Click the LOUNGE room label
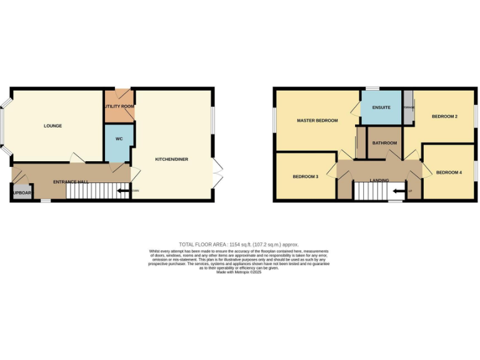[52, 126]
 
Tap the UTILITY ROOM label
[119, 106]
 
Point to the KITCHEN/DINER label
[171, 159]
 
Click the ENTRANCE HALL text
[70, 182]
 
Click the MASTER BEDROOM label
[317, 121]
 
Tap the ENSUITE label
[381, 107]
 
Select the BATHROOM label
[384, 143]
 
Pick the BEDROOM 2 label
[444, 117]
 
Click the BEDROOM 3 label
[306, 177]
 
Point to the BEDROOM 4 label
[449, 172]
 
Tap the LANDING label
[379, 181]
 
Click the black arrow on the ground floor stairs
[122, 191]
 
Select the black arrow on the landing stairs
[398, 191]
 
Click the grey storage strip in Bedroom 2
[408, 107]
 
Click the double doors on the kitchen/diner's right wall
[217, 173]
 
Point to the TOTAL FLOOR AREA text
[239, 244]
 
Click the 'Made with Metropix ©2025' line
[239, 272]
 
